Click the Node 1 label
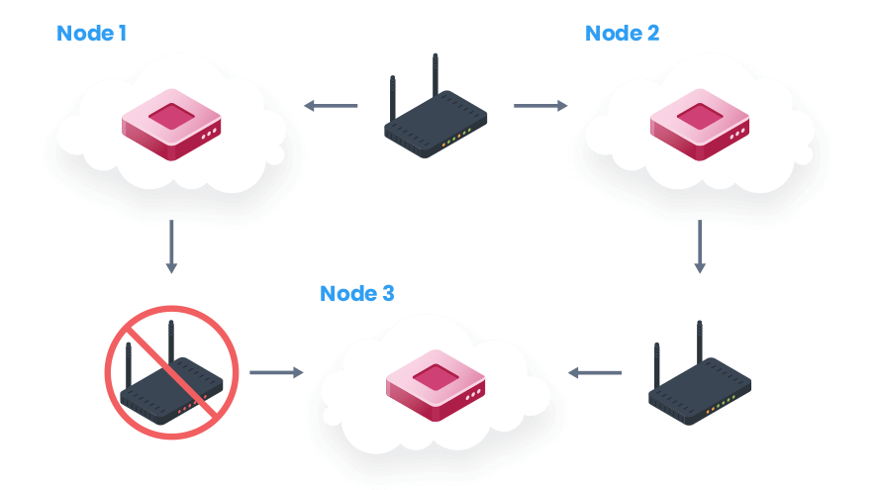[x=92, y=33]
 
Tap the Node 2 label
[x=622, y=33]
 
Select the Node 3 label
[x=357, y=293]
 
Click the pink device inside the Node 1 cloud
[x=171, y=124]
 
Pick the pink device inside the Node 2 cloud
[x=700, y=124]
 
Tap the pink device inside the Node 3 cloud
[x=436, y=385]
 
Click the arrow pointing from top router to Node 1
[x=331, y=105]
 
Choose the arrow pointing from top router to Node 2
[x=540, y=105]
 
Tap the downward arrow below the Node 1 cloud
[x=171, y=246]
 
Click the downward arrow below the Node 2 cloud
[x=700, y=246]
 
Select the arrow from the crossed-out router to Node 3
[x=276, y=372]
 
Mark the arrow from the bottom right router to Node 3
[x=595, y=372]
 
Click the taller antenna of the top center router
[x=436, y=75]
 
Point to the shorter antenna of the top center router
[x=393, y=98]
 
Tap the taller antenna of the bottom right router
[x=700, y=342]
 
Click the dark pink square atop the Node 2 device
[x=700, y=116]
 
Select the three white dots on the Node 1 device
[x=210, y=134]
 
